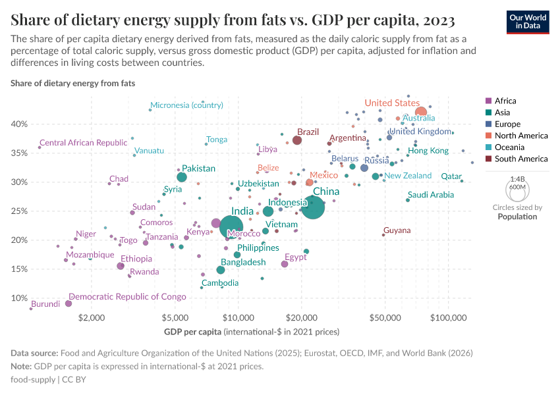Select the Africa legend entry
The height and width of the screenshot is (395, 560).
[505, 101]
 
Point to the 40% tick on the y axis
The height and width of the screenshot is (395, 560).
[19, 124]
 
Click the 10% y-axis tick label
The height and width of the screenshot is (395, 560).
[19, 298]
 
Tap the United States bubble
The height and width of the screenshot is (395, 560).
[421, 113]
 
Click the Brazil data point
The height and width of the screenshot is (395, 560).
[297, 140]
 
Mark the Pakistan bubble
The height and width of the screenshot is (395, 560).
[182, 177]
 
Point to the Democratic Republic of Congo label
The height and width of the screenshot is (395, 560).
[127, 297]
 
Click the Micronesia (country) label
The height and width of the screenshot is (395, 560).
[186, 105]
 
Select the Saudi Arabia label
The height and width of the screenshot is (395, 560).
[430, 195]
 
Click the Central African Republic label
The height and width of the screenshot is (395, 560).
[83, 143]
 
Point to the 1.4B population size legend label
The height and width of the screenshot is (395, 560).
[518, 178]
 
